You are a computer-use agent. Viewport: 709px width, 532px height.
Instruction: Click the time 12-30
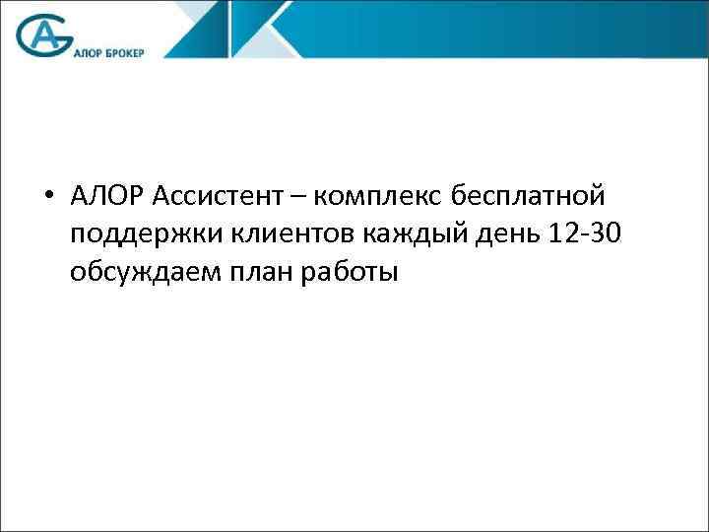coord(583,235)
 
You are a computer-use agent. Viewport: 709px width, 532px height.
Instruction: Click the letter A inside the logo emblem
coord(45,36)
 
